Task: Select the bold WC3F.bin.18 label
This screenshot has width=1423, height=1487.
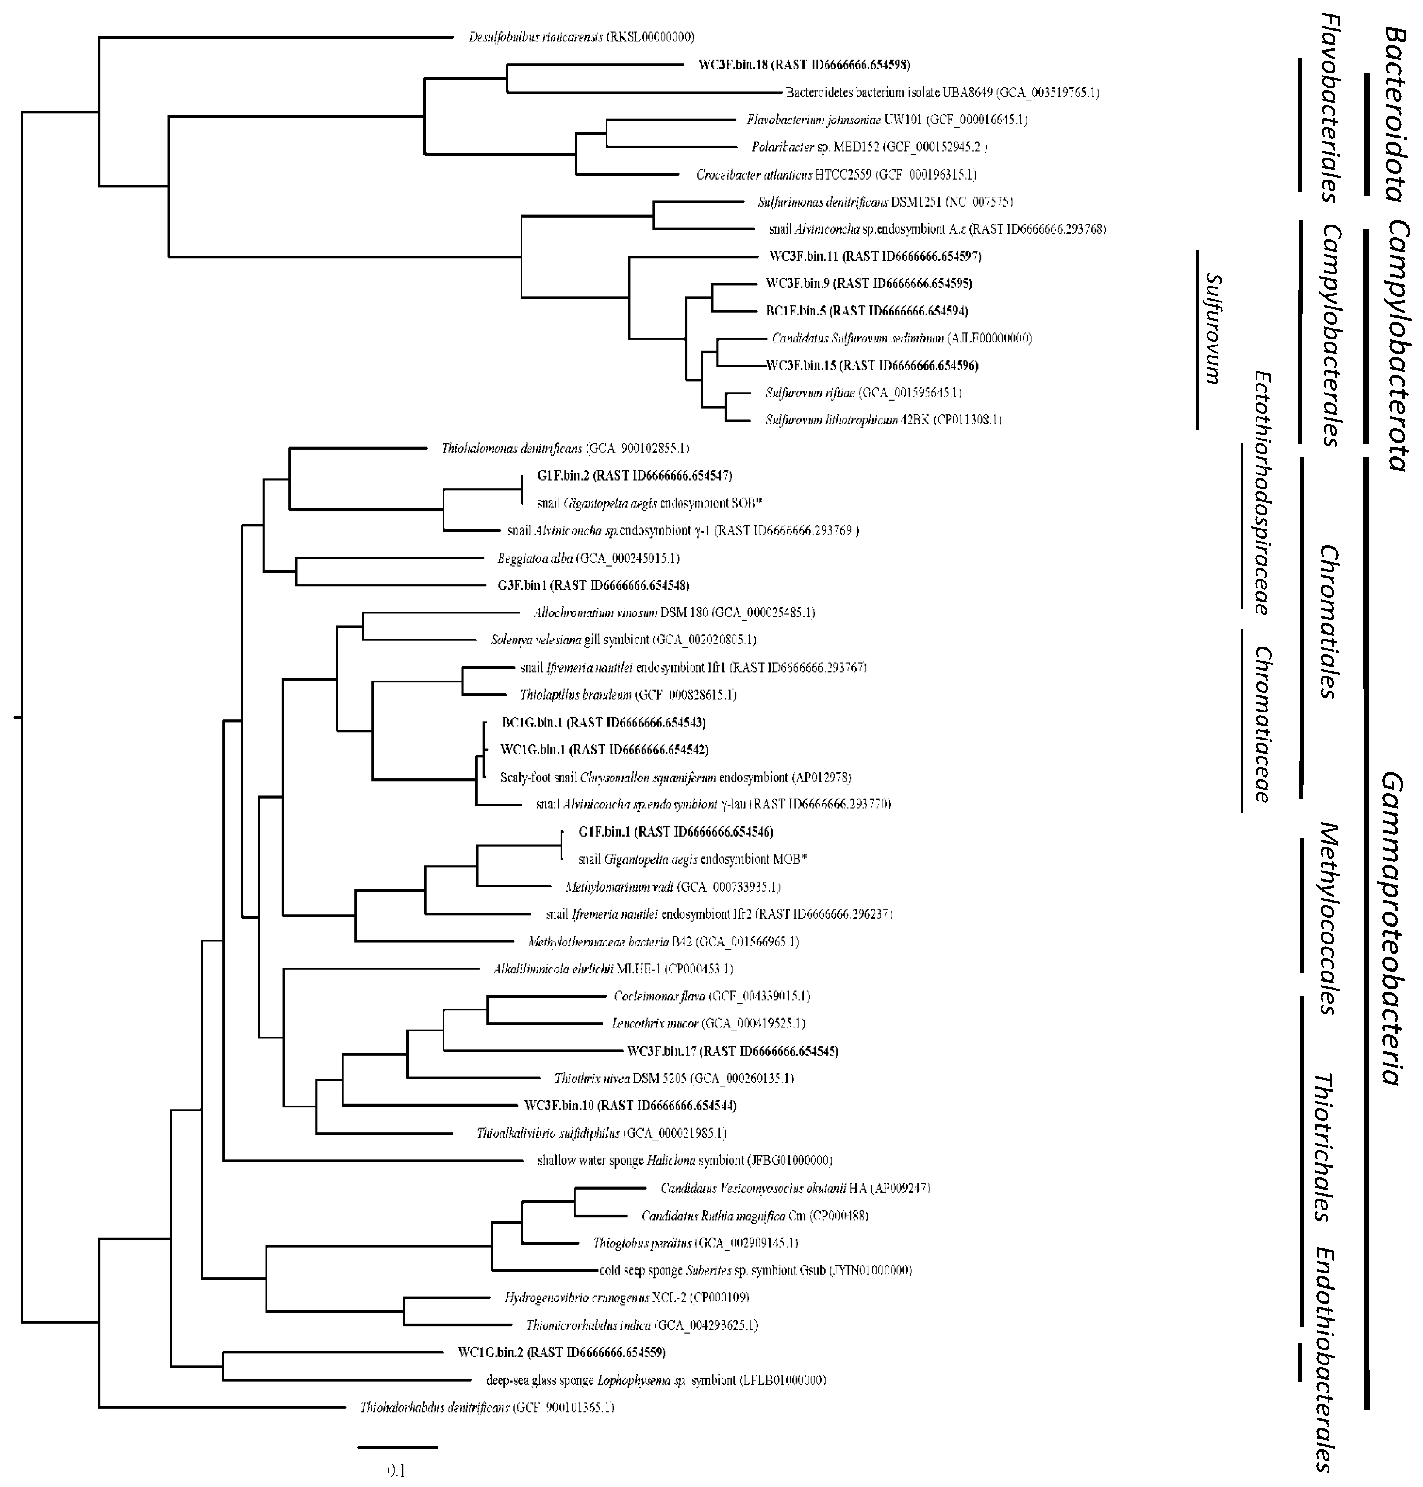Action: pos(804,65)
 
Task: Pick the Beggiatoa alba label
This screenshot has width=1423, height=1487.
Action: pos(588,558)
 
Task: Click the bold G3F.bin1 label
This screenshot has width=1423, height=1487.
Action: pos(593,585)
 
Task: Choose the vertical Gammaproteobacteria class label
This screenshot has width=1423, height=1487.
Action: pos(1390,929)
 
